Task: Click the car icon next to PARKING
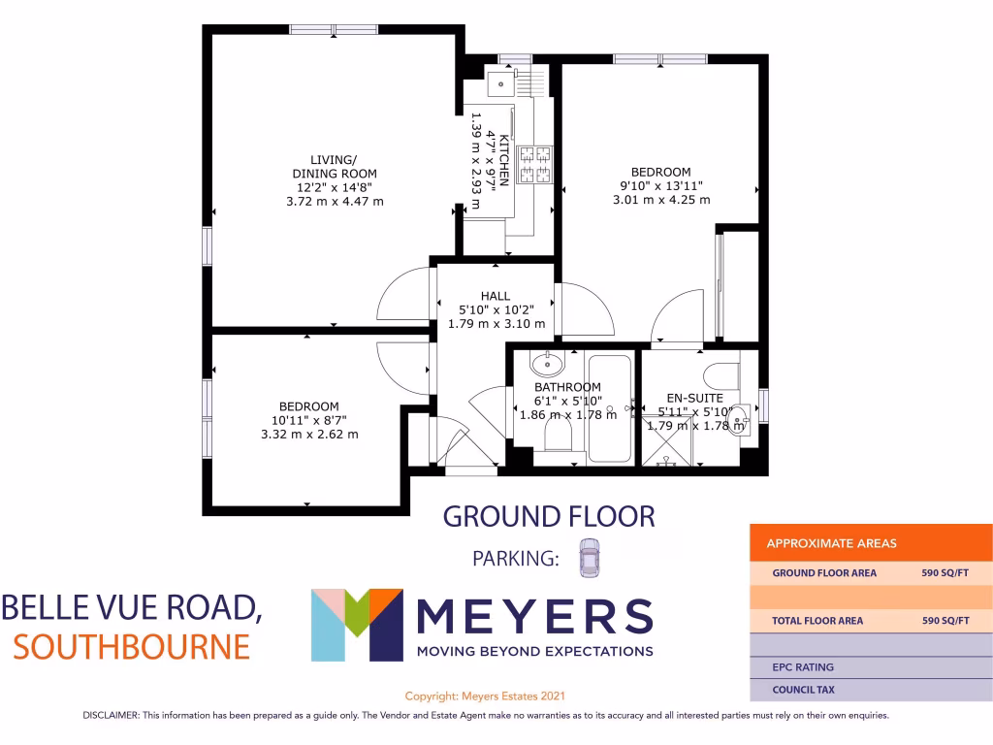589,559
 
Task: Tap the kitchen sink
501,83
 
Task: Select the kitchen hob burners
533,164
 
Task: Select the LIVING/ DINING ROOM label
334,166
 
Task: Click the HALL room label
495,296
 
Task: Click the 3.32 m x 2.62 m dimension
309,434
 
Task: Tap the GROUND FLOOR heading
549,516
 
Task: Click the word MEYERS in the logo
533,615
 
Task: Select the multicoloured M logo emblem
356,625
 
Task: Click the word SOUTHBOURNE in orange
131,644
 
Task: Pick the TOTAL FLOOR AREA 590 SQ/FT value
945,620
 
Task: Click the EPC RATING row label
802,667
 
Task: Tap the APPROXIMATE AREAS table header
831,543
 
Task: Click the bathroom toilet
558,439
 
